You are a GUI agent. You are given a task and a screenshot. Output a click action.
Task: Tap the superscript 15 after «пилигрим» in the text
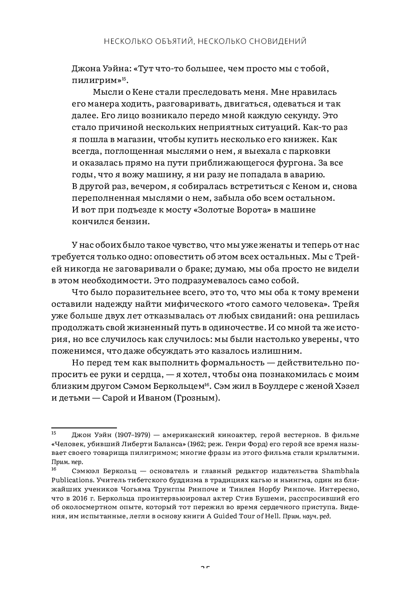[124, 79]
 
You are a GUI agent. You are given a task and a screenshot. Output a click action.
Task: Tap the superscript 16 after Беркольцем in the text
[207, 384]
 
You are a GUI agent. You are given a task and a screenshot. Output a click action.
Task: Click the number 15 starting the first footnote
[54, 433]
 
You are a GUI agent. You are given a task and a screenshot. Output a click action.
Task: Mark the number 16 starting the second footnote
[54, 470]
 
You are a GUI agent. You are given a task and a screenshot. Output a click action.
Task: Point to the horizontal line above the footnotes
[84, 428]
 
